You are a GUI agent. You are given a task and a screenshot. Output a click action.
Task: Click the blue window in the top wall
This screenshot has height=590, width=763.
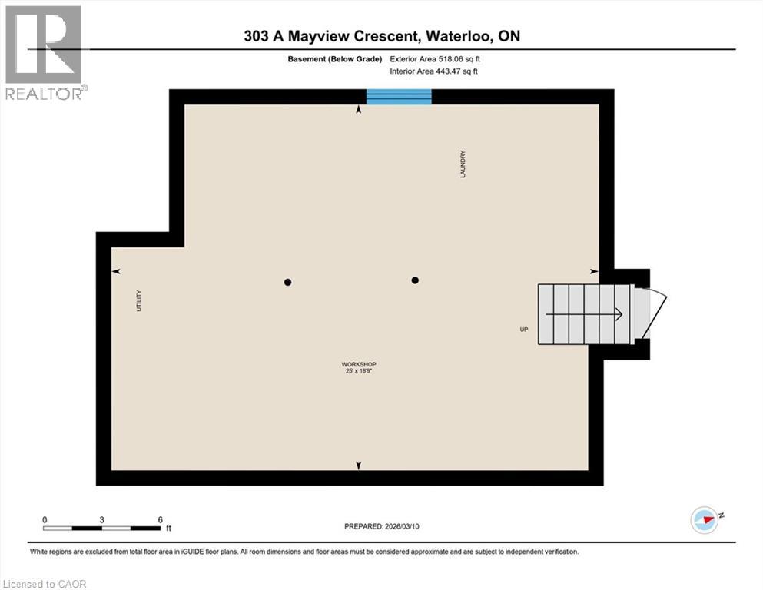(x=399, y=97)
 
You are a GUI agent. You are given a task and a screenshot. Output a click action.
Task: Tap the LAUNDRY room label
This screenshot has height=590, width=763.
(x=463, y=164)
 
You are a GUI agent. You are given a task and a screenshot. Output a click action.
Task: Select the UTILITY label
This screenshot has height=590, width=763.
(x=138, y=300)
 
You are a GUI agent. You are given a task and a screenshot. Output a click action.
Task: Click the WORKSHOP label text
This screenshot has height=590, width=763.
(x=359, y=364)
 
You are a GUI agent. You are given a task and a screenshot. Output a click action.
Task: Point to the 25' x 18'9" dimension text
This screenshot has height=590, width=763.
(x=359, y=370)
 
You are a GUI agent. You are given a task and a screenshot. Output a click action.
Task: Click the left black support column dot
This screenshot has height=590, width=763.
(x=287, y=282)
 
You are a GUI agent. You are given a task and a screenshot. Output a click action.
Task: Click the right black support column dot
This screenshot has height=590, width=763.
(x=415, y=280)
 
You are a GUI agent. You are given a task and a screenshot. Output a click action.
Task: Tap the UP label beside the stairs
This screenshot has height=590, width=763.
(x=523, y=330)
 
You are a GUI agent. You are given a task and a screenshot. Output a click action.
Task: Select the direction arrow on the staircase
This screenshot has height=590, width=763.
(x=584, y=314)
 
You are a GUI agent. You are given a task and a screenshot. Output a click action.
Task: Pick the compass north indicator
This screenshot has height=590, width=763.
(x=705, y=519)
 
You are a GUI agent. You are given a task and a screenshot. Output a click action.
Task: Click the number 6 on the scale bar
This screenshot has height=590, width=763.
(x=160, y=519)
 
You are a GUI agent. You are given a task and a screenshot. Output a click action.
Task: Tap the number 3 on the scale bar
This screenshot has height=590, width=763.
(x=101, y=519)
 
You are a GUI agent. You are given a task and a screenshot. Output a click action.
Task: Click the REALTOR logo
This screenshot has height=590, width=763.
(x=45, y=52)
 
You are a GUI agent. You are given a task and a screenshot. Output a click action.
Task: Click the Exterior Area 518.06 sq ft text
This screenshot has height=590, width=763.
(x=435, y=59)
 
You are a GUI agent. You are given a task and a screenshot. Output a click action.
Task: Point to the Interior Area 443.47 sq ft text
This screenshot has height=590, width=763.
(x=433, y=71)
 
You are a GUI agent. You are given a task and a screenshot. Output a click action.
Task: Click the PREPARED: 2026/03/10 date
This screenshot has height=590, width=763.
(x=381, y=526)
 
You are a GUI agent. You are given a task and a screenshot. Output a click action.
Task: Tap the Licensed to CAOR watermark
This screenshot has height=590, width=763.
(x=45, y=584)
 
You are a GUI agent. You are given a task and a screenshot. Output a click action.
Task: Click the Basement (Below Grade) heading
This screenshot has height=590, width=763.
(x=335, y=59)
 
